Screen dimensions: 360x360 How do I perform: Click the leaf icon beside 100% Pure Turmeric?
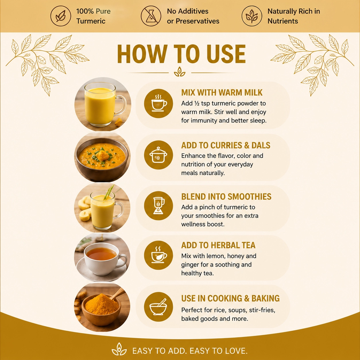click(x=61, y=16)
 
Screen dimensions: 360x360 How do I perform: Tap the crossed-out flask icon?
click(x=151, y=16)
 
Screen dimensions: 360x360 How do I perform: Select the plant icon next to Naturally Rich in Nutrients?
click(x=252, y=16)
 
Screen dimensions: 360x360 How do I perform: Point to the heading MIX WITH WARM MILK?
click(x=222, y=93)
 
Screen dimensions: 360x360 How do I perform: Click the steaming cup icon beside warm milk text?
click(x=158, y=103)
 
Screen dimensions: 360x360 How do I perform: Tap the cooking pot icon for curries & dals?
click(x=158, y=155)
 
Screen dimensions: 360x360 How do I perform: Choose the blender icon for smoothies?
click(x=158, y=206)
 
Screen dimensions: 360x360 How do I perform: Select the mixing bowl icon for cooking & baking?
click(x=158, y=307)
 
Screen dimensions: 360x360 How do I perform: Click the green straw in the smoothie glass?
click(x=108, y=192)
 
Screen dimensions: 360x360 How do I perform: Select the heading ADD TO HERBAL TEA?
click(x=218, y=245)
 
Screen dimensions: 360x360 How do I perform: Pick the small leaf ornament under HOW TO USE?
click(x=180, y=72)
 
